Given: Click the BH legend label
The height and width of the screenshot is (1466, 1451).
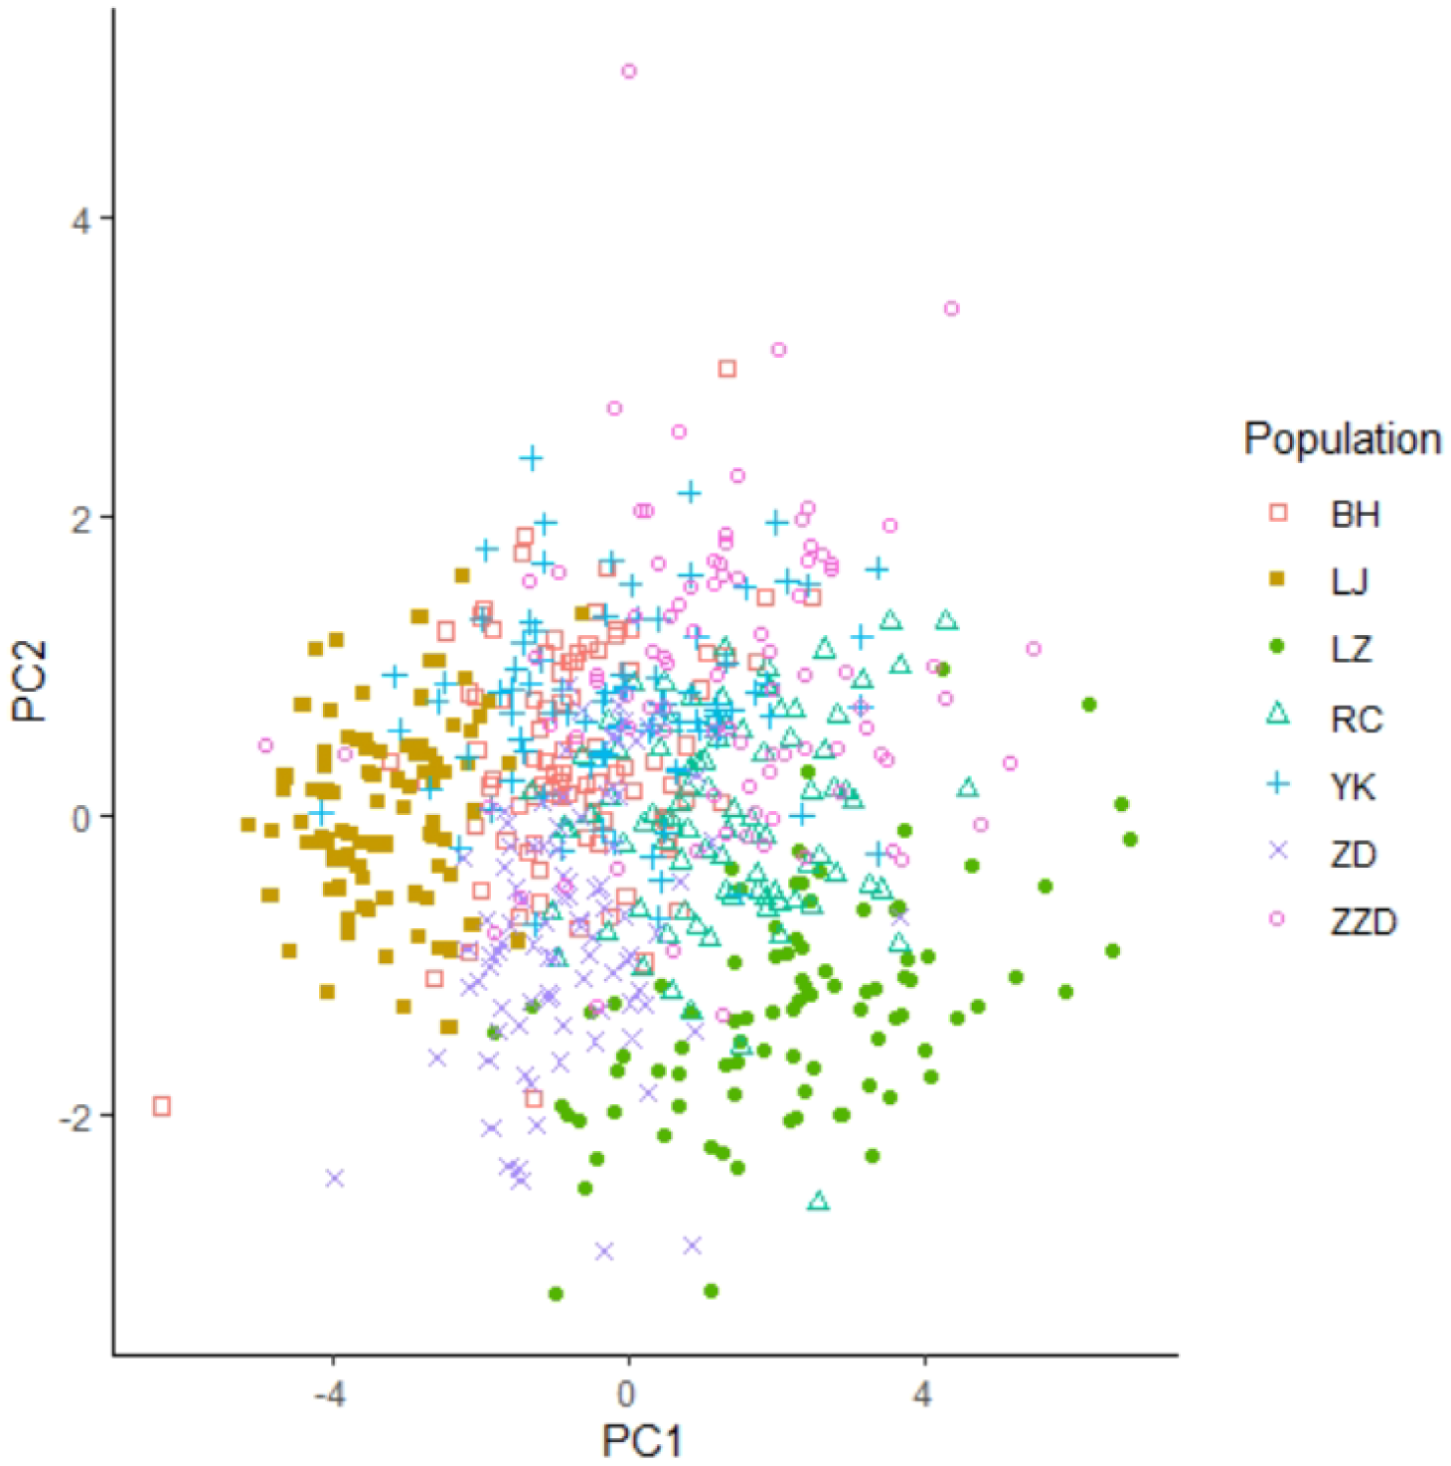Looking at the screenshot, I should pos(1355,515).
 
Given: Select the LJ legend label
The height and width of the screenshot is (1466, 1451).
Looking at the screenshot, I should pos(1350,581).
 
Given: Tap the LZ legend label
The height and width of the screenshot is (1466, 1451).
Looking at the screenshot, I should pos(1352,650).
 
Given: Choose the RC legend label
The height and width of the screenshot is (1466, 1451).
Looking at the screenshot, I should pos(1357,719).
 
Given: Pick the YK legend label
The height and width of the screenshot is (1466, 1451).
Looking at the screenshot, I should pos(1354,787).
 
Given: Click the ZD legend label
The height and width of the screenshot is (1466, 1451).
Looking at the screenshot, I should pos(1354,855).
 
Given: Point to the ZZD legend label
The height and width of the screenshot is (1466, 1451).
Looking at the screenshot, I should pos(1364,922).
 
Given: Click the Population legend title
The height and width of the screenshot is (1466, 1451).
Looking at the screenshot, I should pos(1342,438).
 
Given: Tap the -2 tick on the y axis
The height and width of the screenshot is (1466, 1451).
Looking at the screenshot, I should pos(74,1118).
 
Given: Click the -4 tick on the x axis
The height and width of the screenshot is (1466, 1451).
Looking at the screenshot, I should pos(330,1394).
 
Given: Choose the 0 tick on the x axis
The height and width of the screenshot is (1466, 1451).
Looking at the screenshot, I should pos(626,1394).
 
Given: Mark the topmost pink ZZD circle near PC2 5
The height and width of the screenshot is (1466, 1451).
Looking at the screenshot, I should pos(628,72).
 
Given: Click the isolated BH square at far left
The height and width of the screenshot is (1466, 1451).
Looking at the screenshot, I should pos(162,1106).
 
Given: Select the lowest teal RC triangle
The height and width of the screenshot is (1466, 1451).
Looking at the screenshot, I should pos(818,1202).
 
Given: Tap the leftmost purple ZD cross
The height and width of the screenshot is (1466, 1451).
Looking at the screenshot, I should pos(334,1178).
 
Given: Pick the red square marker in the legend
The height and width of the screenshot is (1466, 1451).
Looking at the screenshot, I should pos(1278,513).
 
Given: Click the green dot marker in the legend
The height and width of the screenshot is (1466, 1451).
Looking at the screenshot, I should pos(1278,647).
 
